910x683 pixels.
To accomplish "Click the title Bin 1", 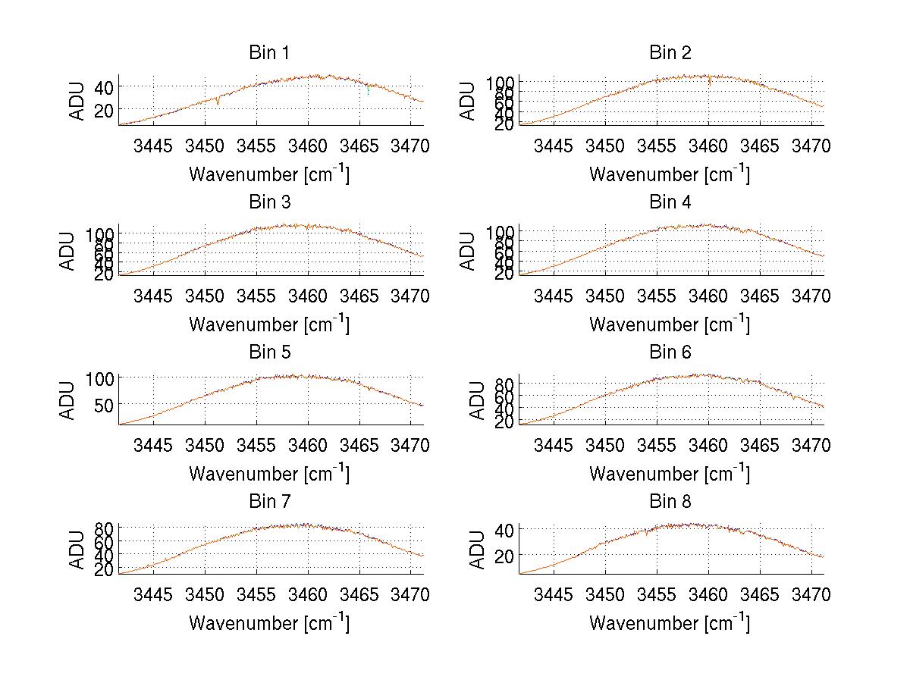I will [x=269, y=53].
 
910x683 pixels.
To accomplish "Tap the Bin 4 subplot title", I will [x=670, y=202].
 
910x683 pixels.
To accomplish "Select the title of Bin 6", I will [x=670, y=352].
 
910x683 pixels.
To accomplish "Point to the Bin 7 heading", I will [x=269, y=502].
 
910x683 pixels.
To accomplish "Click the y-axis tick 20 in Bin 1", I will [x=104, y=110].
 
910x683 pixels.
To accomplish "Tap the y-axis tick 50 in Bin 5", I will [x=104, y=404].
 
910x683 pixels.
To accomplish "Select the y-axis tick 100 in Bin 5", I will [x=99, y=378].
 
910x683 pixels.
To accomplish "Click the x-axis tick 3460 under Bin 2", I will [x=708, y=146].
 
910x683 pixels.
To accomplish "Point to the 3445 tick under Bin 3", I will [x=153, y=296].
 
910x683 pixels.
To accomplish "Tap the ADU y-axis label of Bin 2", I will [x=469, y=101].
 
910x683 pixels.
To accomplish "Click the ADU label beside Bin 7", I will [x=68, y=550].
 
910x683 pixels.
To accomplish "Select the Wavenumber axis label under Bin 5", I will [x=269, y=474].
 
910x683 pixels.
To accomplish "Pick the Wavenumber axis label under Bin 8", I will [x=670, y=623].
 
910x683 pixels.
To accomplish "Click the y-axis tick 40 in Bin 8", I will [x=504, y=528].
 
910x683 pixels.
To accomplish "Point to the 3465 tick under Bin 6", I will [x=760, y=446].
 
